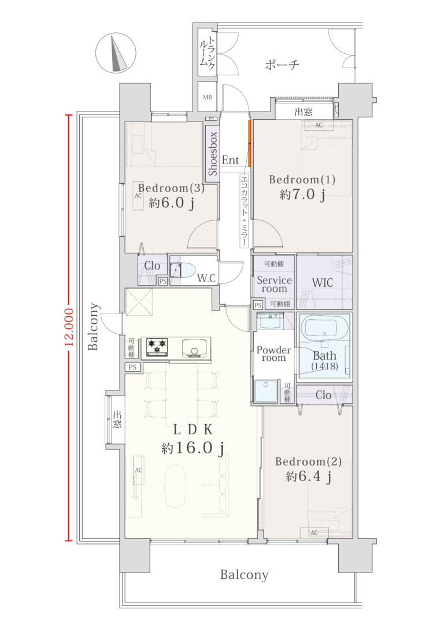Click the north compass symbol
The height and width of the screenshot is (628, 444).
click(x=116, y=53)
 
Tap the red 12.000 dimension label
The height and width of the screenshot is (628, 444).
click(x=68, y=327)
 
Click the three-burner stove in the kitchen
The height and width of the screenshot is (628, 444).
click(x=157, y=347)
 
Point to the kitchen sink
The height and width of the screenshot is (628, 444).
click(x=195, y=348)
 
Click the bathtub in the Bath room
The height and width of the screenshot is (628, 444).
click(x=324, y=328)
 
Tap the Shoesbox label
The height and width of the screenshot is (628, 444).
click(x=213, y=153)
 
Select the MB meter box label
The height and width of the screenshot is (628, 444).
click(x=207, y=97)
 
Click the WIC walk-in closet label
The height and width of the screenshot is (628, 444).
click(x=322, y=282)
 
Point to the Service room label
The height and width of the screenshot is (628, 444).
click(x=274, y=285)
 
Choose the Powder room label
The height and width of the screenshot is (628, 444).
click(x=274, y=354)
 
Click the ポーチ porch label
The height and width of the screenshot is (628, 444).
click(x=282, y=65)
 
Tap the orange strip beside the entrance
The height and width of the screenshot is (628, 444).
click(x=249, y=143)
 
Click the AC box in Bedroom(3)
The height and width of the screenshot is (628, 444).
click(x=138, y=196)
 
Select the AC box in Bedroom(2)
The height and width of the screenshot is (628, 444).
click(x=314, y=533)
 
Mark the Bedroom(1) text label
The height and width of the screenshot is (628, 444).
click(x=302, y=179)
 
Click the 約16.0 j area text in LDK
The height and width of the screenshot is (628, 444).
click(x=193, y=448)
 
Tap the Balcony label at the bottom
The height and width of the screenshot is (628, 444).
click(x=244, y=575)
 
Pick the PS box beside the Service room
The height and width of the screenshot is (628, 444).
click(x=258, y=305)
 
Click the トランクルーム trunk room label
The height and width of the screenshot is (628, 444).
click(x=208, y=53)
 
